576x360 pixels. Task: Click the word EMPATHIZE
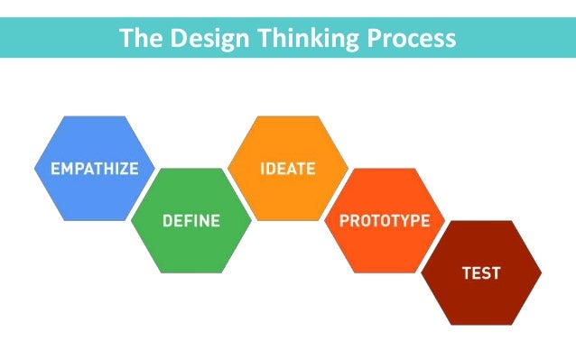coord(94,169)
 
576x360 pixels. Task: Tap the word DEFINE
coord(191,220)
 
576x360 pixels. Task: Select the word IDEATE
coord(287,169)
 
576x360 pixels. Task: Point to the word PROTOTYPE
coord(385,220)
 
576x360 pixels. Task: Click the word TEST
coord(481,272)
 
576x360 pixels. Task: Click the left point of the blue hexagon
coord(35,169)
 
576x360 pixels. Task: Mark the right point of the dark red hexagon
coord(541,272)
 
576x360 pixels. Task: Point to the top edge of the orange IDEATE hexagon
coord(287,117)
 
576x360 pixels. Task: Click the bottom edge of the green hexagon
coord(191,272)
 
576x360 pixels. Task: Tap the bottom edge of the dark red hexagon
coord(481,324)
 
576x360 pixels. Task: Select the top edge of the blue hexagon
coord(94,117)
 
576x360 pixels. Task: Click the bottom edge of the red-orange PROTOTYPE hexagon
coord(385,272)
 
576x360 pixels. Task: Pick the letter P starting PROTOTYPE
coord(343,220)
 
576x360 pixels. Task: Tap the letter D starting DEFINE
coord(167,220)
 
